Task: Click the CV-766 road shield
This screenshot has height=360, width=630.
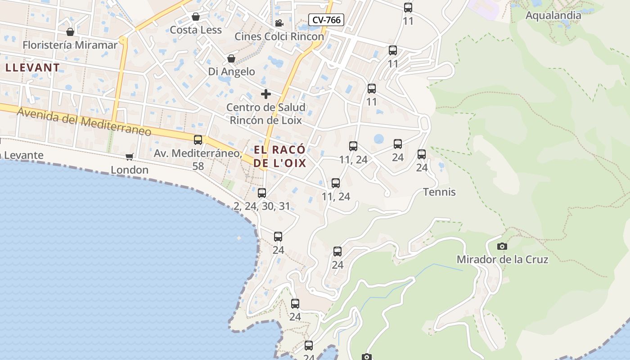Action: pyautogui.click(x=326, y=20)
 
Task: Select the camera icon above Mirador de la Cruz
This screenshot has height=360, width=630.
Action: pyautogui.click(x=502, y=246)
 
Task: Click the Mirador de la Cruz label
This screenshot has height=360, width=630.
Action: pyautogui.click(x=502, y=260)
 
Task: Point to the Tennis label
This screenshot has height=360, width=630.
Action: pyautogui.click(x=439, y=192)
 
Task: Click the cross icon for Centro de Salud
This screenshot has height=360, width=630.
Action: pyautogui.click(x=266, y=94)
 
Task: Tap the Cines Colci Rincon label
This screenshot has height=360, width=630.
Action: pyautogui.click(x=279, y=36)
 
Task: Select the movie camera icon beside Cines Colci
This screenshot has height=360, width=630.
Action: pyautogui.click(x=279, y=23)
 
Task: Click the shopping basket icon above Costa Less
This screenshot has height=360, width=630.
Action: pyautogui.click(x=196, y=17)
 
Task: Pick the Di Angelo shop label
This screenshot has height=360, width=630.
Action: pyautogui.click(x=231, y=72)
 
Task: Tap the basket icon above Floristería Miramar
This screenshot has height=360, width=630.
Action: pyautogui.click(x=70, y=32)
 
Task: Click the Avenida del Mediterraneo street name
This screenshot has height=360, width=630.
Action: pyautogui.click(x=84, y=121)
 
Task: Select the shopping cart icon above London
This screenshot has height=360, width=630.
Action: pyautogui.click(x=130, y=157)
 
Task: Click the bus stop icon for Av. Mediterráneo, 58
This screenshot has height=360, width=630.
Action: pyautogui.click(x=198, y=140)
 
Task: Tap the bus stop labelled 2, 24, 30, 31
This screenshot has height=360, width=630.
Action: pyautogui.click(x=262, y=193)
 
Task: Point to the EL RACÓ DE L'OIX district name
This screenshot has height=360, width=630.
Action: pyautogui.click(x=279, y=156)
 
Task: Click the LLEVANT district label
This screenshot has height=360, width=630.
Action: pyautogui.click(x=32, y=68)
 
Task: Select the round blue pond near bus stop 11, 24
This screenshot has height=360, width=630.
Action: pyautogui.click(x=379, y=139)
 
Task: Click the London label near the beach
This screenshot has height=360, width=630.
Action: pyautogui.click(x=130, y=170)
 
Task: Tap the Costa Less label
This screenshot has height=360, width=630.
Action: pyautogui.click(x=196, y=30)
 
